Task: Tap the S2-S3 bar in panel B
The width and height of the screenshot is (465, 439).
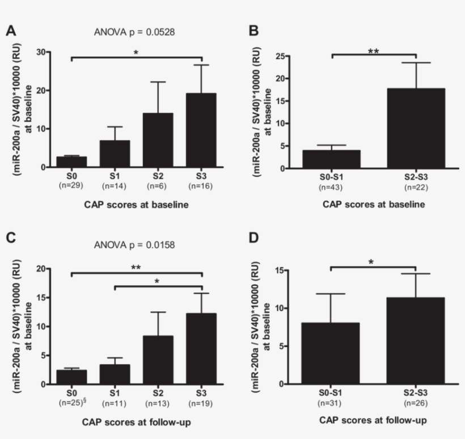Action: [416, 129]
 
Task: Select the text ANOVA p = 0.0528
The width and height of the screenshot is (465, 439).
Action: [134, 32]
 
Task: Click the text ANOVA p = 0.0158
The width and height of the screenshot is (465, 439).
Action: [134, 246]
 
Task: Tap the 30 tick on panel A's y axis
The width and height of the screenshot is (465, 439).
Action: [41, 52]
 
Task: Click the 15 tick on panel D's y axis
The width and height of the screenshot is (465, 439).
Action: [282, 271]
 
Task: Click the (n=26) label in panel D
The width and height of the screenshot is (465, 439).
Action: [416, 403]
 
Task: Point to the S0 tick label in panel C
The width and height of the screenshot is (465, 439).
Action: [70, 392]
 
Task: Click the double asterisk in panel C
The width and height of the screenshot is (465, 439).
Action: [137, 267]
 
